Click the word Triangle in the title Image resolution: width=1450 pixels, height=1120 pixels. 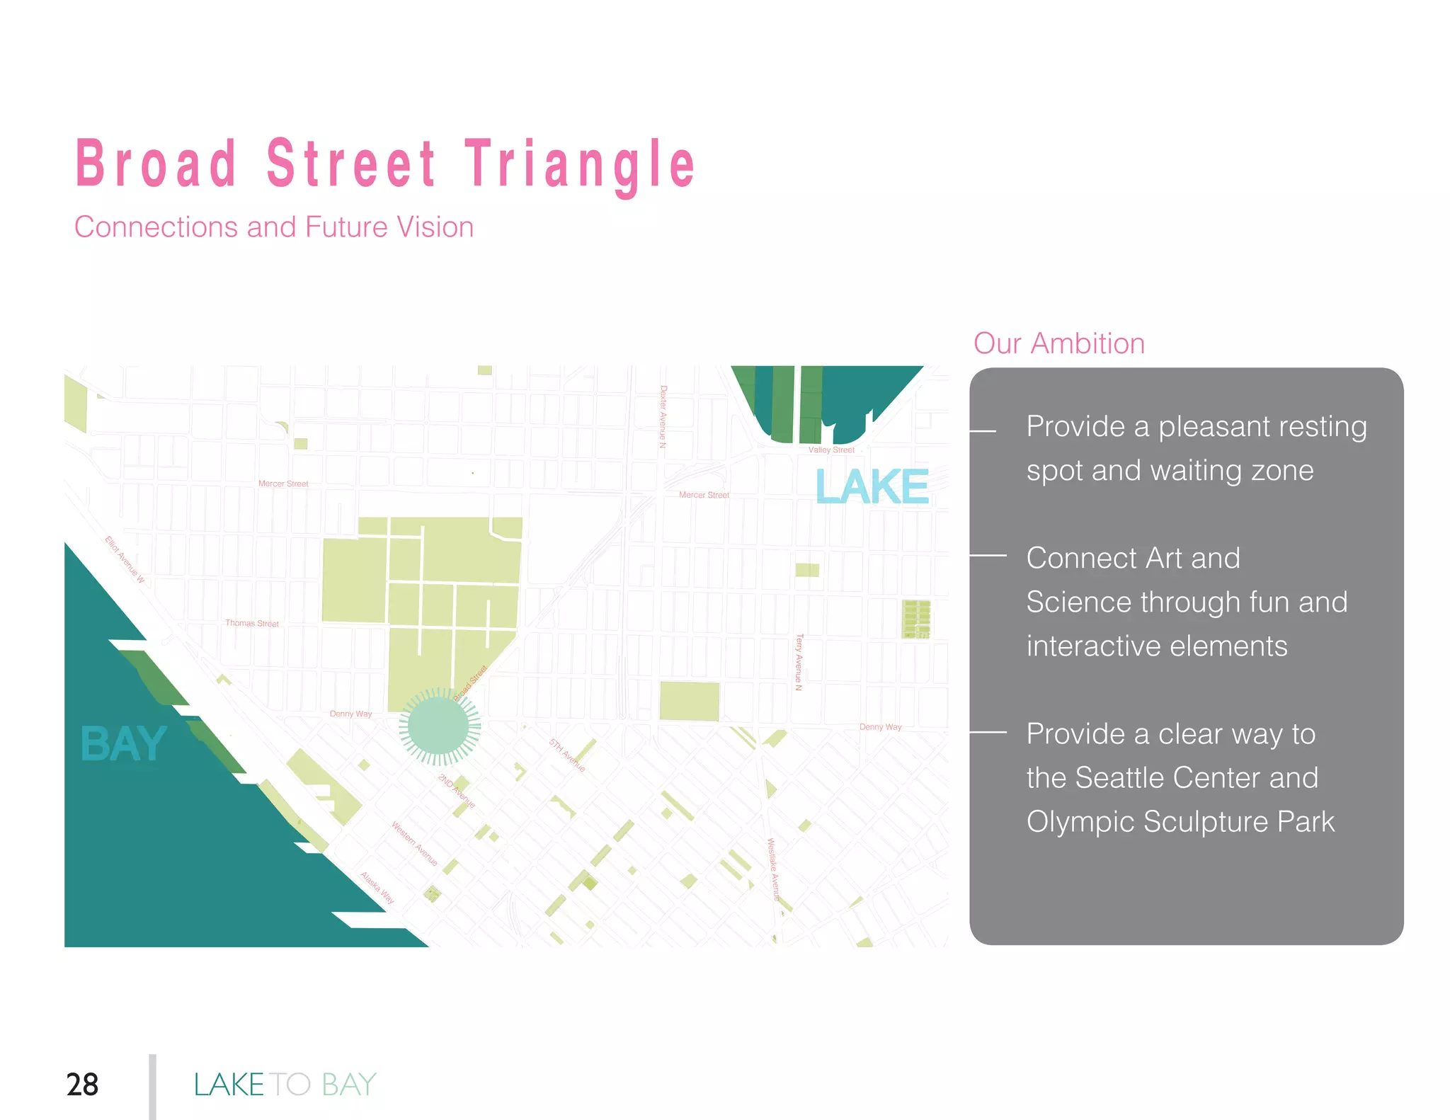(x=580, y=165)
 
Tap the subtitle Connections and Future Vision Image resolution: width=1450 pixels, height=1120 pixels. (x=274, y=227)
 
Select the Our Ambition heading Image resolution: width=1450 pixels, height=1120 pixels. (x=1058, y=343)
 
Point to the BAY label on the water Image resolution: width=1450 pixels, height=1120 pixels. (x=124, y=744)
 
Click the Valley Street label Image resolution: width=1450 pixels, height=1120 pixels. (x=831, y=450)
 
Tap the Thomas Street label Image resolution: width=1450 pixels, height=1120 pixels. (x=252, y=623)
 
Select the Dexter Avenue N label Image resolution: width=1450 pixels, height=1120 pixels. (x=663, y=417)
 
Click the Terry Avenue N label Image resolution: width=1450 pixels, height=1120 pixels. (x=799, y=662)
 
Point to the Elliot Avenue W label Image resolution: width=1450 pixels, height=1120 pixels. (x=125, y=559)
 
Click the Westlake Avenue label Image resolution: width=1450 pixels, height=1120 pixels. (x=774, y=869)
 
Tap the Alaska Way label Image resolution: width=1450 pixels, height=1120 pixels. (x=377, y=888)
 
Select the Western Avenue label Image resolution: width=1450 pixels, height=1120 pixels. (x=415, y=843)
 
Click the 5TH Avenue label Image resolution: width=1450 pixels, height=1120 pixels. (x=567, y=755)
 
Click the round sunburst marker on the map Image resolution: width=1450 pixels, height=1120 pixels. (x=439, y=726)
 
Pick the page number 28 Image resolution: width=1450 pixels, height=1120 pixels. (x=82, y=1084)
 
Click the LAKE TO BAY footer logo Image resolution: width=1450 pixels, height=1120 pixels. (x=285, y=1084)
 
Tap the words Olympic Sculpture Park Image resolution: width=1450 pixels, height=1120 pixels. (x=1180, y=822)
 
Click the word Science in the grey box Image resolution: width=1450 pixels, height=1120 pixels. (x=1075, y=602)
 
